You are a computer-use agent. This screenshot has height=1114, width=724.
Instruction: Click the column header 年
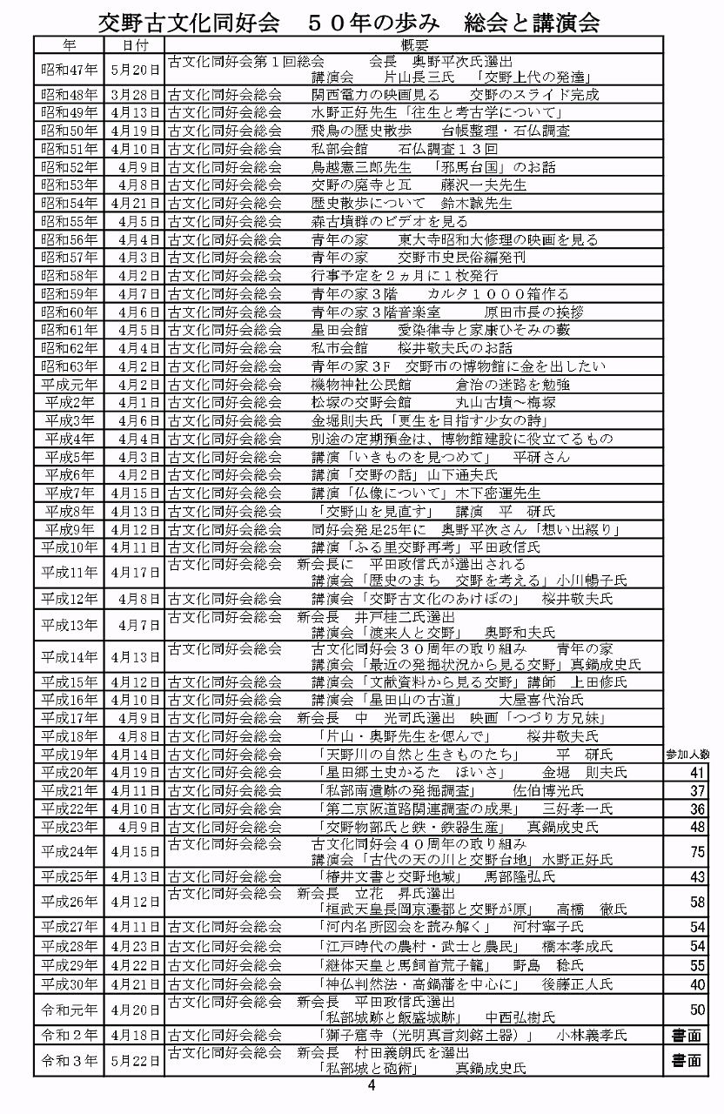70,44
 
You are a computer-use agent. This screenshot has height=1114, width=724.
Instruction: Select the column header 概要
414,44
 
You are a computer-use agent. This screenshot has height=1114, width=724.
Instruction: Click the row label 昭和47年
70,69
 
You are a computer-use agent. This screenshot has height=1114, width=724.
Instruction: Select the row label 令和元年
70,1010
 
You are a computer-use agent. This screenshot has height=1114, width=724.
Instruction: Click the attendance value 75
696,852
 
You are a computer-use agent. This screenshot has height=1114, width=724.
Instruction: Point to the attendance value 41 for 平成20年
696,773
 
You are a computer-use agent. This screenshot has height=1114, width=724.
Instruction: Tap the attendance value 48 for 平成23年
696,827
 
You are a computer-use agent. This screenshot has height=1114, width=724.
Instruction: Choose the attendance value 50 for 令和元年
696,1010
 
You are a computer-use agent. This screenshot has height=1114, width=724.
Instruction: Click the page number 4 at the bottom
372,1085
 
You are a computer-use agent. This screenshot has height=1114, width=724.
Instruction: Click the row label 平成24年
70,852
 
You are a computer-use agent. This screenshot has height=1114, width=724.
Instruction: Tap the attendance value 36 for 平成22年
696,809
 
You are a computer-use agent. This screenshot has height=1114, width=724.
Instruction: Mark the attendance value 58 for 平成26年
696,902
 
